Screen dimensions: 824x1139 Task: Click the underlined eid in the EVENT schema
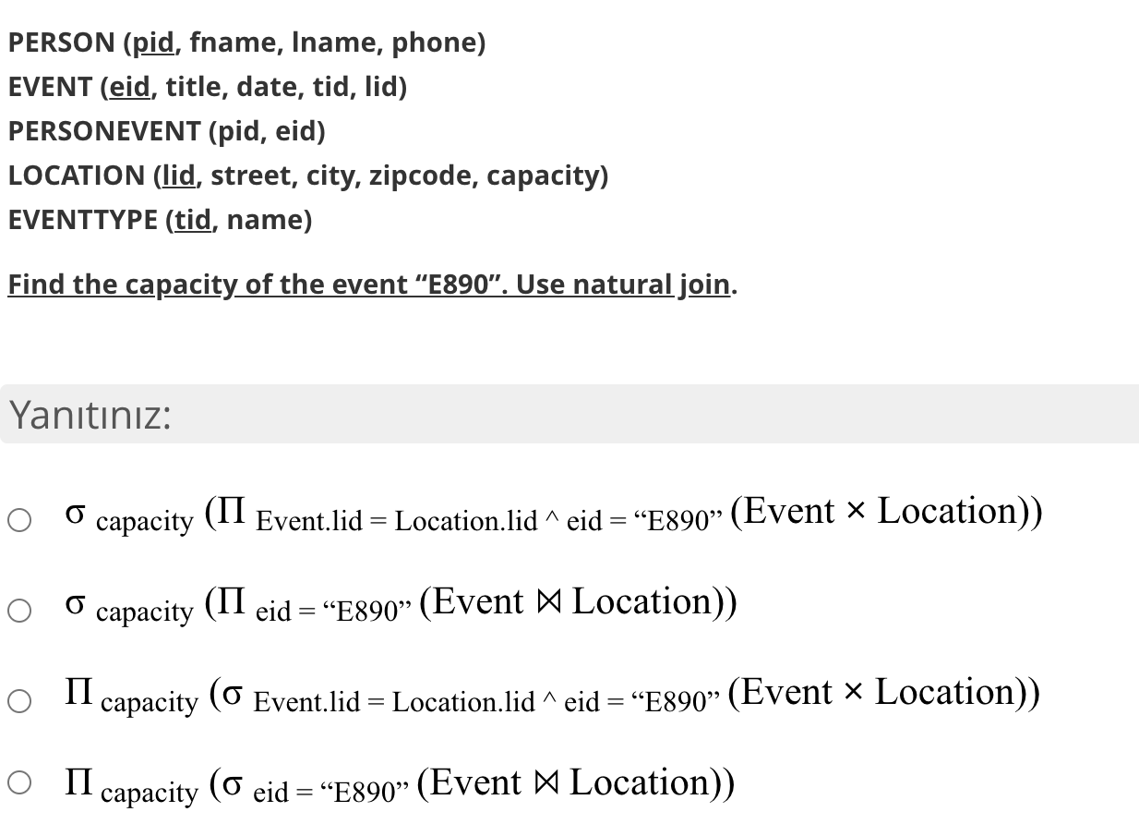131,87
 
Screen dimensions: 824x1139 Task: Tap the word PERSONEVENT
103,131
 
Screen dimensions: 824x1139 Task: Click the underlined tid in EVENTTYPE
193,220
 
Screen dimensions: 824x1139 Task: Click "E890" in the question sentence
456,285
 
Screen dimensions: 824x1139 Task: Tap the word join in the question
705,285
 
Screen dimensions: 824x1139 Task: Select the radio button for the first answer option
19,521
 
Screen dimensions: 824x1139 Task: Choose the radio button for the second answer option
19,612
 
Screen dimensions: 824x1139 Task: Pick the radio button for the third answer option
19,702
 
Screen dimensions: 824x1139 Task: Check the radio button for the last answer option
19,783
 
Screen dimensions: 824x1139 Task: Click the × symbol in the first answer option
856,511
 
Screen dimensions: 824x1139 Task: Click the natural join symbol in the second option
547,602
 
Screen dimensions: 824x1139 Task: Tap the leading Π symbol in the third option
78,692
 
